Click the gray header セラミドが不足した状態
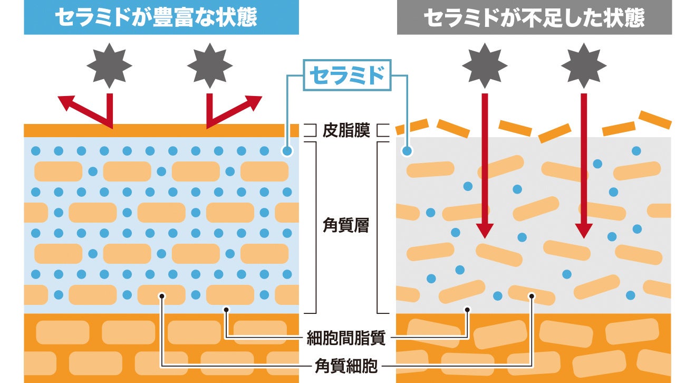pyautogui.click(x=534, y=17)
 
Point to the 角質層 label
pyautogui.click(x=346, y=226)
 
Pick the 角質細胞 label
pyautogui.click(x=346, y=366)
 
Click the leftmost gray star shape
pyautogui.click(x=109, y=66)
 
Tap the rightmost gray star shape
pyautogui.click(x=584, y=66)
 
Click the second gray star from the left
pyautogui.click(x=210, y=66)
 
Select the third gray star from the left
pyautogui.click(x=485, y=66)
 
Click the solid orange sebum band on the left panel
pyautogui.click(x=161, y=130)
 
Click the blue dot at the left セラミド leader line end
pyautogui.click(x=287, y=151)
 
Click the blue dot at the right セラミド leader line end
pyautogui.click(x=407, y=151)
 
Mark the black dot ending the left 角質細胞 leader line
pyautogui.click(x=162, y=296)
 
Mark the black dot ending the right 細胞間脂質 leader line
pyautogui.click(x=467, y=310)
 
